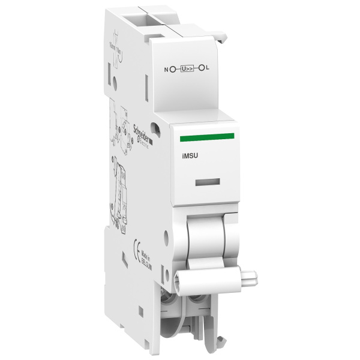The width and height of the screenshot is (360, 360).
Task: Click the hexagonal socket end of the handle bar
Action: (x=181, y=281)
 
